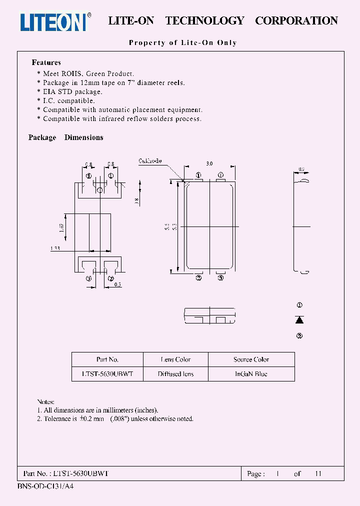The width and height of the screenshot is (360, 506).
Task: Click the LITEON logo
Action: pos(55,21)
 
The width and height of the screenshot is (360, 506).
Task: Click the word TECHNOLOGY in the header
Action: pos(204,21)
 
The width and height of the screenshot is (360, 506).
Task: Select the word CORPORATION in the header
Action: pos(296,21)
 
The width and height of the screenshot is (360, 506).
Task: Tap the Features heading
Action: pos(46,62)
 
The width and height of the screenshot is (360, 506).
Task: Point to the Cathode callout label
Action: pos(150,161)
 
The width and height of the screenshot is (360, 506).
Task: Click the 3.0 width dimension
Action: pos(209,163)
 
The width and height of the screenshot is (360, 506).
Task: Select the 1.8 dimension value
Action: pos(136,201)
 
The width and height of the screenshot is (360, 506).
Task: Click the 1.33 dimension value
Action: pos(56,248)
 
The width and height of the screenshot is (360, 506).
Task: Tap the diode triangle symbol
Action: pos(299,320)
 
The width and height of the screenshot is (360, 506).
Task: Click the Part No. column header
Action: pos(107,359)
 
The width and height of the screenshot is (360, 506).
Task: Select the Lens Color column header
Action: pos(175,359)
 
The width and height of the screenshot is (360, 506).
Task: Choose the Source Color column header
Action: pos(251,359)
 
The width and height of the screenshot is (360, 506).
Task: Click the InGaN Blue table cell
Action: pos(251,374)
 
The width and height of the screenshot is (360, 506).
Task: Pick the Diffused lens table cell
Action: pos(175,374)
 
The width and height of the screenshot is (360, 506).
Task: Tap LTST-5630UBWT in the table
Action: pos(107,374)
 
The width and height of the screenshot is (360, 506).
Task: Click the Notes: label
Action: pos(45,402)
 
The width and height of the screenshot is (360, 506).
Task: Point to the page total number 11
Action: pos(317,473)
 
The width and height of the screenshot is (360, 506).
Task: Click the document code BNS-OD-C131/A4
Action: pos(45,486)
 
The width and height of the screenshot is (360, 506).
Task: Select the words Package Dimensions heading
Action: pos(65,137)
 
